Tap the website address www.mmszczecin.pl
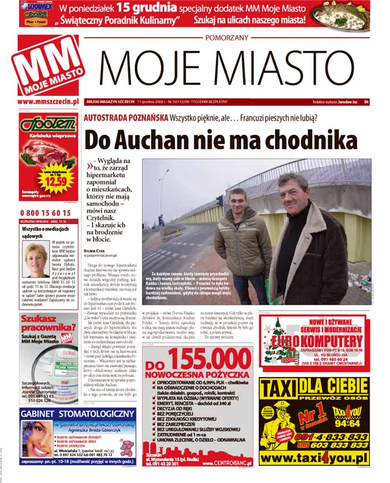(47, 101)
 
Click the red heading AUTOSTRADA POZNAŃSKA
(125, 118)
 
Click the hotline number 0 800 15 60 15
(45, 213)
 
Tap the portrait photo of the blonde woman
(36, 257)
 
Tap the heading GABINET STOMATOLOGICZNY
(77, 414)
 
